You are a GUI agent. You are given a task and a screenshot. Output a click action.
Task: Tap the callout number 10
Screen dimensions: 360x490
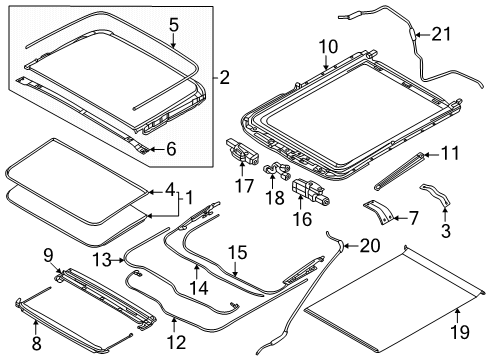[x=329, y=47]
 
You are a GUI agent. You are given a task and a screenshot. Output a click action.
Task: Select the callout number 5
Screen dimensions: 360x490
[x=173, y=25]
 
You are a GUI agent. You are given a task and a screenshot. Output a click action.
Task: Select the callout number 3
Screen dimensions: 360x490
[x=445, y=231]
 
